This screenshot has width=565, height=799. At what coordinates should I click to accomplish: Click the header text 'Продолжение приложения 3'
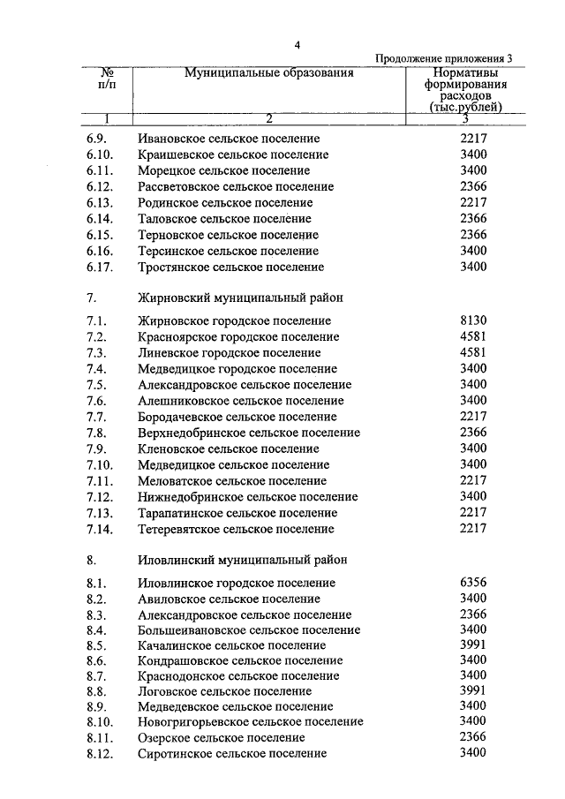click(443, 58)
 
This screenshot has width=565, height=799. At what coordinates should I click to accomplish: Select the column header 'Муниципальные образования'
click(268, 73)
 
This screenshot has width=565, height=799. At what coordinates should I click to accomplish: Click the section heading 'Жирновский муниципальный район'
click(240, 298)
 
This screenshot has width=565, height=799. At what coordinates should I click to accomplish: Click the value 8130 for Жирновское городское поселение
click(473, 321)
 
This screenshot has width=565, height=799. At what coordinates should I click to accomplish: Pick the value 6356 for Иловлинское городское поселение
click(473, 583)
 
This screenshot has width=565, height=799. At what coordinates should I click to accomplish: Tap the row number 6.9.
click(97, 139)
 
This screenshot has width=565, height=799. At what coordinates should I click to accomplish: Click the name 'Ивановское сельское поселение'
click(229, 139)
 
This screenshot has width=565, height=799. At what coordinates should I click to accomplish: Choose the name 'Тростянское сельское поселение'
click(230, 267)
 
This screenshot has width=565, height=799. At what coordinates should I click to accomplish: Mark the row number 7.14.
click(101, 529)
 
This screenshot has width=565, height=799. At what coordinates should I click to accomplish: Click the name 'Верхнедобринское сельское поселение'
click(249, 433)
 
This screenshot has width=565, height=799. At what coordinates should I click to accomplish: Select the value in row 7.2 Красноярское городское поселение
click(473, 337)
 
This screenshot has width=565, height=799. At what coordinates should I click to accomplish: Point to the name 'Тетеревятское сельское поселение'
click(237, 529)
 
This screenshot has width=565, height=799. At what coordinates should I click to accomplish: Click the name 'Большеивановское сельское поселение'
click(249, 630)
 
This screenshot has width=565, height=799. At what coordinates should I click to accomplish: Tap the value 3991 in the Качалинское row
click(473, 645)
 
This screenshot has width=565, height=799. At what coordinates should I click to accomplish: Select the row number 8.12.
click(101, 754)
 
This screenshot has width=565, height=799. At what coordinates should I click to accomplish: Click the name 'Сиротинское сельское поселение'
click(232, 754)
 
